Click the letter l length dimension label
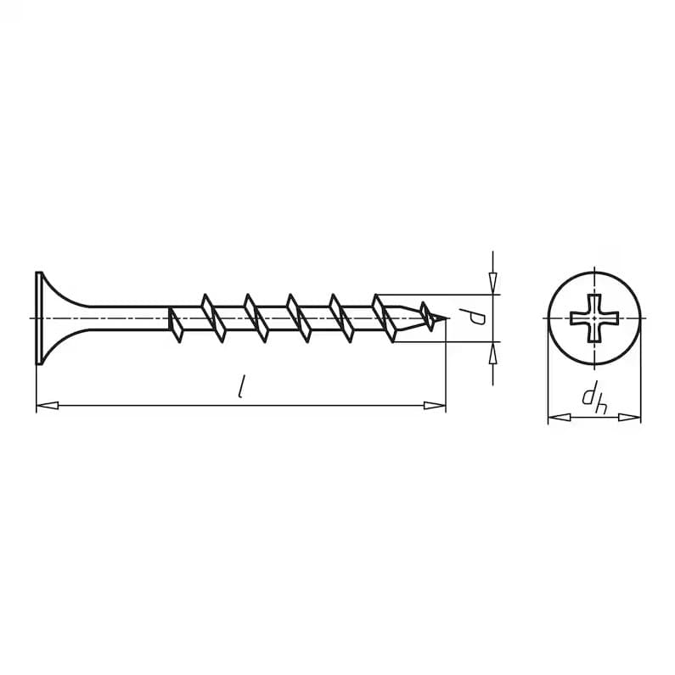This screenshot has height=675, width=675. (x=242, y=386)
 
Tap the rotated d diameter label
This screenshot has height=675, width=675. (x=477, y=318)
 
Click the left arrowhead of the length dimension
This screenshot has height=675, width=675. (x=47, y=406)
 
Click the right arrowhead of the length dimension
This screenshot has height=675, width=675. (x=435, y=406)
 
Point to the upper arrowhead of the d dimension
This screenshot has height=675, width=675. (x=493, y=284)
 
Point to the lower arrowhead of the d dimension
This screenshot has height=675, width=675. (x=493, y=352)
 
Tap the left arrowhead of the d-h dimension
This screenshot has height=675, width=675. (x=559, y=417)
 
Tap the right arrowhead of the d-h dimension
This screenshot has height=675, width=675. (x=630, y=417)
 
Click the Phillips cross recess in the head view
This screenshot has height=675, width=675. (x=594, y=318)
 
